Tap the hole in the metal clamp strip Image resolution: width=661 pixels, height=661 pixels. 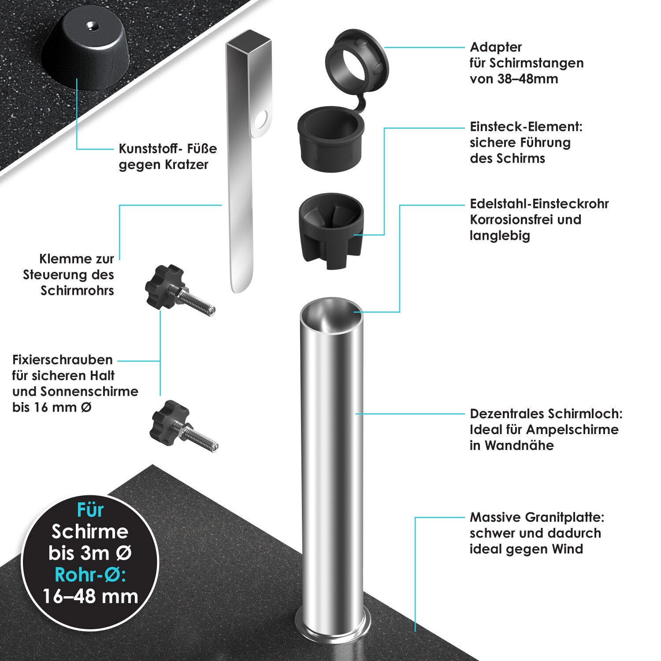[x=261, y=119]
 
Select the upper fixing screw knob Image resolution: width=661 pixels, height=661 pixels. [x=164, y=286]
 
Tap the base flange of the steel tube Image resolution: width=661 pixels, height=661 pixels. [x=334, y=626]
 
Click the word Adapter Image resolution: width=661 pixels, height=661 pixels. [x=496, y=47]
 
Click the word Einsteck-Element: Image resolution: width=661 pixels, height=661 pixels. [x=526, y=127]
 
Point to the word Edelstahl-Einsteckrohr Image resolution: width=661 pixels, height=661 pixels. [x=539, y=204]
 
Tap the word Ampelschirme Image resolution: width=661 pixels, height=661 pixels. [x=572, y=430]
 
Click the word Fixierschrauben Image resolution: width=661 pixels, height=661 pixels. [x=63, y=360]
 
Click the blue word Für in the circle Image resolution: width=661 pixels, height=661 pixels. [x=90, y=510]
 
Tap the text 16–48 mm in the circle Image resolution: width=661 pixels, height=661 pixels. [x=90, y=597]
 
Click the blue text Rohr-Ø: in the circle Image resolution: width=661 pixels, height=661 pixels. [x=90, y=575]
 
